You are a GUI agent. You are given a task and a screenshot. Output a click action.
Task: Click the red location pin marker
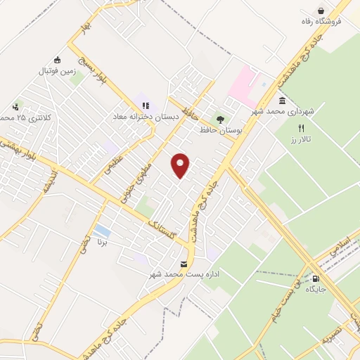[181, 165]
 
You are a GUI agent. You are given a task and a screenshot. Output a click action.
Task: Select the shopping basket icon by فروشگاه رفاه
[321, 11]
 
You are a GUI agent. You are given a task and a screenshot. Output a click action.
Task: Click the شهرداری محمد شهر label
[283, 111]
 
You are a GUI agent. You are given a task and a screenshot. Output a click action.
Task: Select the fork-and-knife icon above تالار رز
[302, 129]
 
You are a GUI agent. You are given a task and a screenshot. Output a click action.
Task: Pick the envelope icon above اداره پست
[184, 264]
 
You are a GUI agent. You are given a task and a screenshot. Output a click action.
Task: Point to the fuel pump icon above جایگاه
[323, 278]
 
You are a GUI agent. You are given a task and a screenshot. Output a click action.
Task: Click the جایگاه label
[324, 288]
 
